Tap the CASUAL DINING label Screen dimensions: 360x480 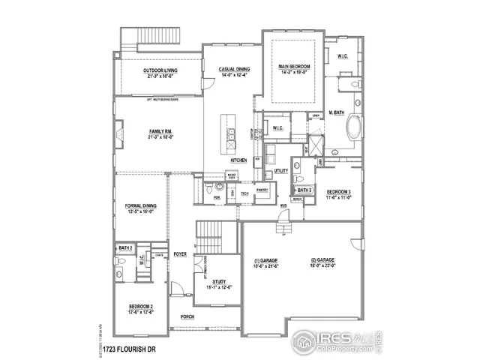click(x=234, y=70)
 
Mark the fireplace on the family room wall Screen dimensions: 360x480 click(x=119, y=134)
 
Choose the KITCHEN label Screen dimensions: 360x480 click(x=238, y=160)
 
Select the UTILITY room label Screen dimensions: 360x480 click(x=281, y=171)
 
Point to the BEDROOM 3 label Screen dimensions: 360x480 click(x=338, y=192)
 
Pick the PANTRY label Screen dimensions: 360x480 click(x=262, y=190)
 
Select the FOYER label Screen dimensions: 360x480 click(x=180, y=254)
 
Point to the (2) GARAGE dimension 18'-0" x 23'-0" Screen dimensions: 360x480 click(x=324, y=265)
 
